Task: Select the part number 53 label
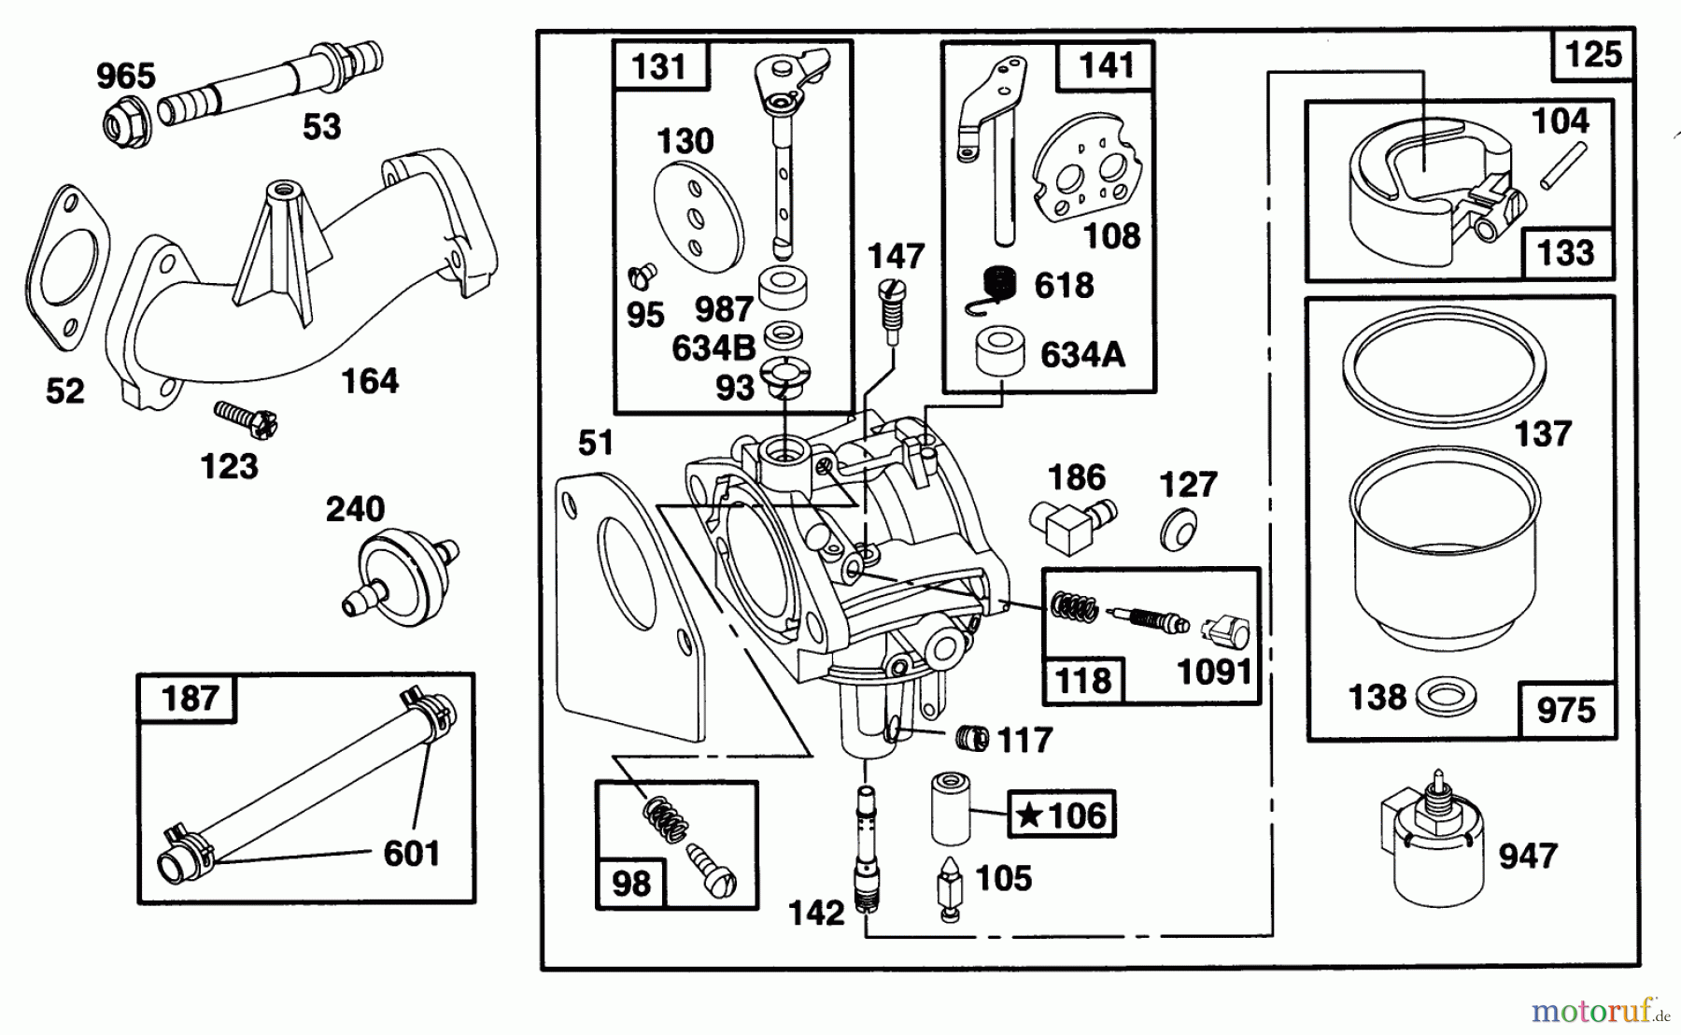321,127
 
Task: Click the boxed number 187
190,698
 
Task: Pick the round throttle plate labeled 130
700,218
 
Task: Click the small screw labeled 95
643,275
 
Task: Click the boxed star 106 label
1061,815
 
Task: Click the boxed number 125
1592,55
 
